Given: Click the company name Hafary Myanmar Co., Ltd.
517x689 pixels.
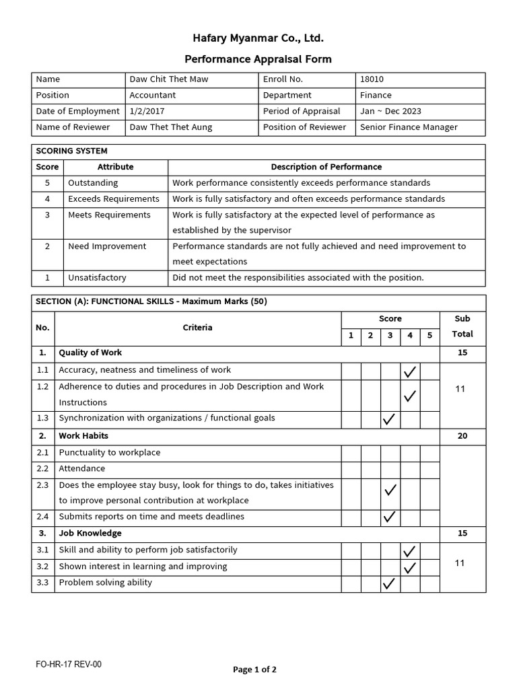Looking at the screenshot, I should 258,38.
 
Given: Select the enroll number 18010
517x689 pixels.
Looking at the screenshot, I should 372,79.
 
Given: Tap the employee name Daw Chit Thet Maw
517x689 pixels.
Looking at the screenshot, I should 168,79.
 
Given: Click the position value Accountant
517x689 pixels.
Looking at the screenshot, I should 152,96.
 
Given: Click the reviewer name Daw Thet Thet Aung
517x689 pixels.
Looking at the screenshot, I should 170,127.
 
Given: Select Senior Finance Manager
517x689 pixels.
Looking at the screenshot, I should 409,127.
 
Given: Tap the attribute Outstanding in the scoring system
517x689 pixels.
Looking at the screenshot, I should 93,183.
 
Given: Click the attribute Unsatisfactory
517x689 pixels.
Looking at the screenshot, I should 97,278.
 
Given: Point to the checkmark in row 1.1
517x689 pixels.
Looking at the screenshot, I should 409,371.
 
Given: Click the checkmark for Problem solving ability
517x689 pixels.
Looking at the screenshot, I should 389,583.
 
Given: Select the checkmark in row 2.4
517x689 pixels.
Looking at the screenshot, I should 389,517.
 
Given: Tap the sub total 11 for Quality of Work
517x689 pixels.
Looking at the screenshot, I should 460,389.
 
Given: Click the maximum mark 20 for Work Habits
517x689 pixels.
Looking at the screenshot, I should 462,436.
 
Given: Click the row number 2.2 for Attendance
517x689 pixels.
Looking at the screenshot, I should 43,468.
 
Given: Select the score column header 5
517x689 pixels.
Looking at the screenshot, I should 429,335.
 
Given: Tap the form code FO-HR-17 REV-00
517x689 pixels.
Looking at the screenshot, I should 69,665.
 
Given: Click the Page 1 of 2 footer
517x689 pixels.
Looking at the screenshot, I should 254,669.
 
